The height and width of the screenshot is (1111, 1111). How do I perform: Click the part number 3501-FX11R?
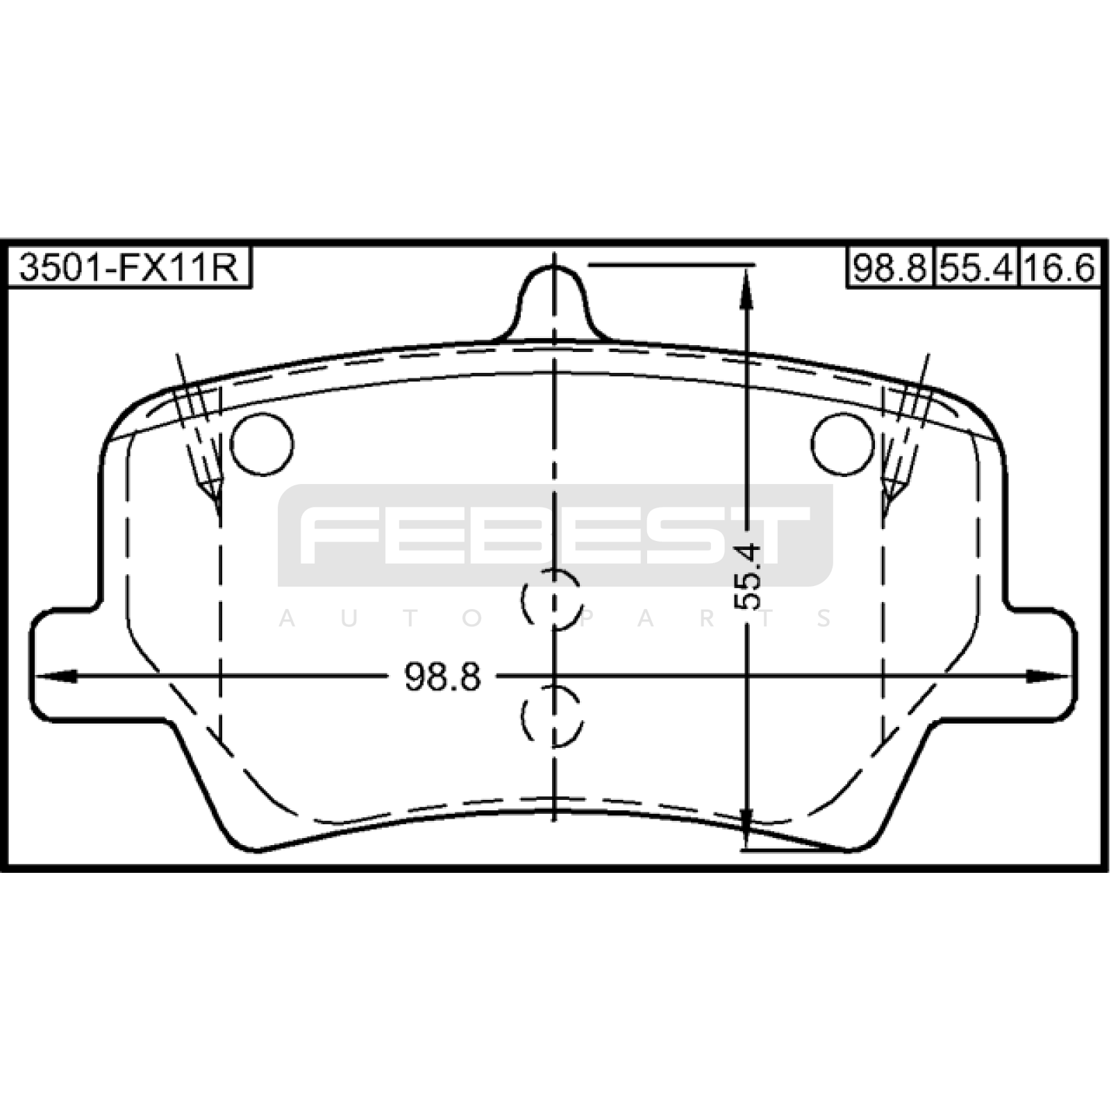(128, 267)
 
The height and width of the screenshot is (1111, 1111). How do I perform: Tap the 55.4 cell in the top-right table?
(976, 267)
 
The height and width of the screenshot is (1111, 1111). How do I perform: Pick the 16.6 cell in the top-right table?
(1060, 267)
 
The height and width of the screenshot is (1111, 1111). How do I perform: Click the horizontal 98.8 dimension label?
(442, 676)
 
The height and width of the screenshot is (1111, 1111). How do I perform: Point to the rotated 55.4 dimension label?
(747, 577)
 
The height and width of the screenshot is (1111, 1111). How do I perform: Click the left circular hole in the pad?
(262, 444)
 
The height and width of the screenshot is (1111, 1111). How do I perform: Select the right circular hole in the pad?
(842, 444)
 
